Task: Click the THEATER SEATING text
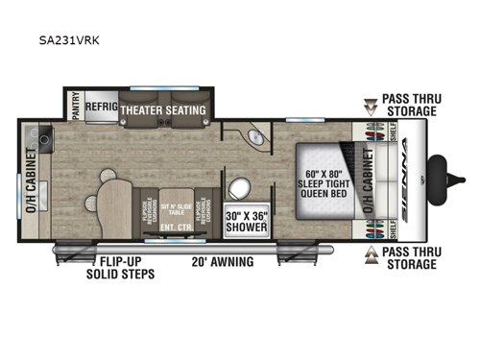point(163,110)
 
